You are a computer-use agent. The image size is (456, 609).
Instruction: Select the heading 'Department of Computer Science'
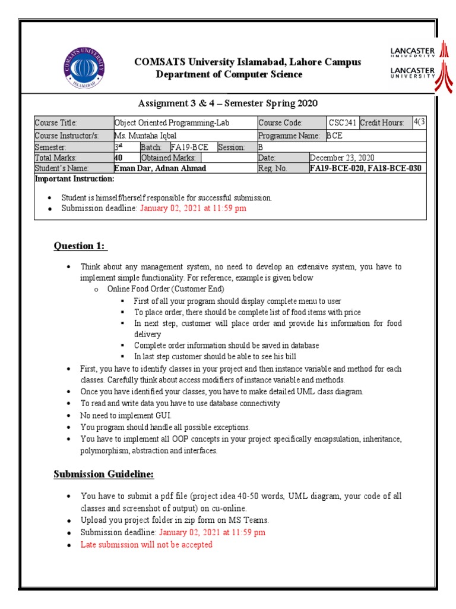[229, 74]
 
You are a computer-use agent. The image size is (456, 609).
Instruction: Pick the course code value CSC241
[343, 123]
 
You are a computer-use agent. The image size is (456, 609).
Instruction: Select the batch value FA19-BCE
[189, 147]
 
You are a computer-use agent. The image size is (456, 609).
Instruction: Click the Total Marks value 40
[118, 158]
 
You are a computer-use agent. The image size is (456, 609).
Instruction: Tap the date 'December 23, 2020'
[342, 158]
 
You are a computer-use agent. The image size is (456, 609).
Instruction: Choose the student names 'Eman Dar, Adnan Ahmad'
[160, 168]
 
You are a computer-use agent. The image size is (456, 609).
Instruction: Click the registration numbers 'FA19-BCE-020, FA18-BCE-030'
[366, 168]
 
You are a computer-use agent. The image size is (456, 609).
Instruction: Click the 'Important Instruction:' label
[74, 178]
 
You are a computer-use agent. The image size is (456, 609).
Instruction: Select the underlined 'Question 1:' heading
[80, 246]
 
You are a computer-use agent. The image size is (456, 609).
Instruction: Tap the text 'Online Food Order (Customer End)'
[166, 289]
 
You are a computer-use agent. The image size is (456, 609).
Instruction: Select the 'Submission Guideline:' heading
[104, 474]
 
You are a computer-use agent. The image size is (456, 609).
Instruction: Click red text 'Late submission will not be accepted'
[147, 544]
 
